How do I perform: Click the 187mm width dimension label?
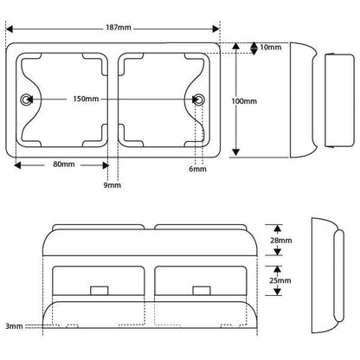pyautogui.click(x=119, y=28)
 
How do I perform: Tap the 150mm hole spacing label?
pyautogui.click(x=86, y=99)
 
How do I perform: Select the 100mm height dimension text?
pyautogui.click(x=244, y=101)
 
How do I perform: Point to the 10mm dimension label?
pyautogui.click(x=271, y=47)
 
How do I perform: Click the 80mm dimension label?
pyautogui.click(x=64, y=164)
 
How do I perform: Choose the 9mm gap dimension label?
pyautogui.click(x=112, y=185)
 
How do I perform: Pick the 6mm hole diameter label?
pyautogui.click(x=197, y=169)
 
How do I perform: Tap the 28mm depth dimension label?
pyautogui.click(x=281, y=241)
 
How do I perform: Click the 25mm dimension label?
pyautogui.click(x=280, y=280)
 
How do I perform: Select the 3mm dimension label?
pyautogui.click(x=14, y=326)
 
